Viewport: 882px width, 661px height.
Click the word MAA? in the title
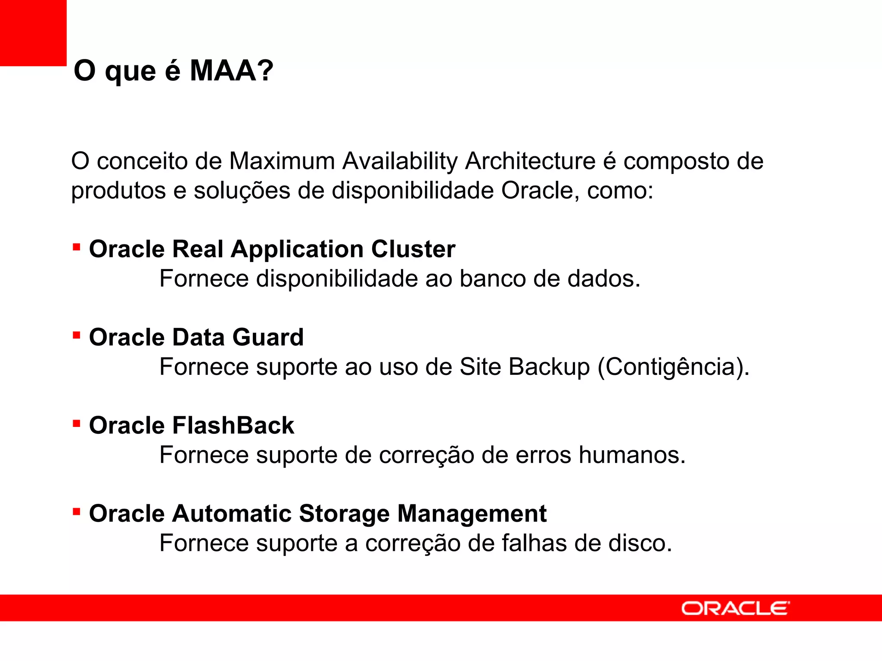(231, 71)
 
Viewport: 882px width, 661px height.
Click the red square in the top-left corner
(33, 33)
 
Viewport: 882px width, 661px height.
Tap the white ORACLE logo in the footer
(735, 608)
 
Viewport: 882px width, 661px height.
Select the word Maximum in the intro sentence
(282, 161)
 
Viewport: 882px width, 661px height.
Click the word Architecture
(530, 161)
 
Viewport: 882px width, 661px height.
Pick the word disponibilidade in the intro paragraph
(413, 191)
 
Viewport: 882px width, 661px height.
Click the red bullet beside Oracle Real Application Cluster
(77, 247)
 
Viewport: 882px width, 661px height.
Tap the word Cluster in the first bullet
(413, 249)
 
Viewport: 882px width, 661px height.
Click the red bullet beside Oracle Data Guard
(77, 335)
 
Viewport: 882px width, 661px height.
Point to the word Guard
(268, 337)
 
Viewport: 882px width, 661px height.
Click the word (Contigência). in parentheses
(673, 367)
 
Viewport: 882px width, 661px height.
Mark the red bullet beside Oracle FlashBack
(77, 423)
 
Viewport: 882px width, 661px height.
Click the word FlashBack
(233, 426)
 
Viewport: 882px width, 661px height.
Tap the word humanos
(631, 455)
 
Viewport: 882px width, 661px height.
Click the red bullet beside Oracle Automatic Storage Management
(77, 512)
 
